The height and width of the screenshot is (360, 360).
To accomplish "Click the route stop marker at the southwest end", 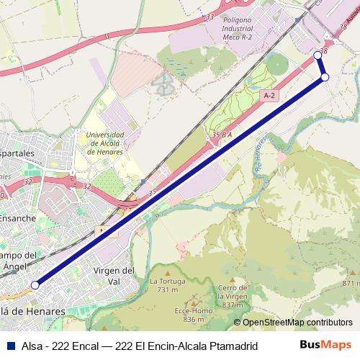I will [35, 285].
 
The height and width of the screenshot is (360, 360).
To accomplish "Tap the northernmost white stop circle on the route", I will [318, 55].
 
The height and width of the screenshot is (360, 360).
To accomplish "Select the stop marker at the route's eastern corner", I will [325, 77].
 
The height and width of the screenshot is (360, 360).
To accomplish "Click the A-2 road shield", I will [269, 95].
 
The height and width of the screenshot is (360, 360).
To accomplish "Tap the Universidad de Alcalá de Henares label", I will [104, 143].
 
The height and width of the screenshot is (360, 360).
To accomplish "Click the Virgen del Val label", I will [114, 275].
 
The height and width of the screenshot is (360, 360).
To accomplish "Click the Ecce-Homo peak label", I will [189, 315].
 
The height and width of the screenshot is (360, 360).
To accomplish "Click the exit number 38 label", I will [323, 51].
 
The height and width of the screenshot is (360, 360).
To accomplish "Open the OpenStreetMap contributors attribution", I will [296, 323].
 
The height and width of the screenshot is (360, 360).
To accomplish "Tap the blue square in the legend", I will [7, 346].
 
